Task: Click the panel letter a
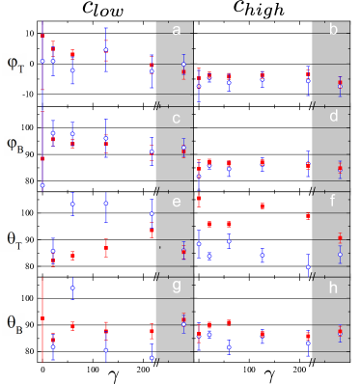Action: point(176,31)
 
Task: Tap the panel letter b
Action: point(333,31)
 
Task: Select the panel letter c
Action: point(176,118)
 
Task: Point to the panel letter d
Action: point(333,118)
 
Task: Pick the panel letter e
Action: point(176,202)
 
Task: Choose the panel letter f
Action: point(333,202)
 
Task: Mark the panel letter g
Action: point(176,287)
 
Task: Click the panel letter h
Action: point(333,287)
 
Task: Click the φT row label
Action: point(15,60)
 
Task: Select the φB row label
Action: point(15,146)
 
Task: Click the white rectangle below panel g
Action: point(193,370)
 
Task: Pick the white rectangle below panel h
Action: point(349,370)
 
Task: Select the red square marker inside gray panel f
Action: point(340,237)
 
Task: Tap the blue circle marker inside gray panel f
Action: point(340,254)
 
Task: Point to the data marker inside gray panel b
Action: point(340,85)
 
